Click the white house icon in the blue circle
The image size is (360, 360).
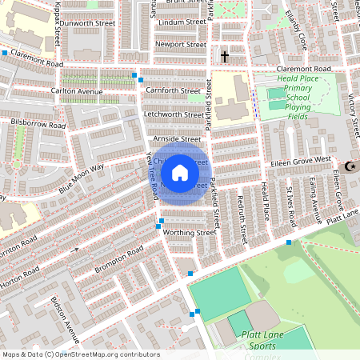tap(180, 173)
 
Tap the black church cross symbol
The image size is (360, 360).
tap(225, 57)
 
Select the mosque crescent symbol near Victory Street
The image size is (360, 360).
tap(349, 166)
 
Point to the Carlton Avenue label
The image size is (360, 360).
tap(78, 92)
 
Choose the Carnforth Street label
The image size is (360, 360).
tap(172, 91)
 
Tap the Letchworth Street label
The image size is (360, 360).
tap(171, 114)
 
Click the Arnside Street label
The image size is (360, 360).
tap(177, 138)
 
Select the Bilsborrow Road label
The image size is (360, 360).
tap(38, 125)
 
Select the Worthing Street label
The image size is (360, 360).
tap(190, 233)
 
